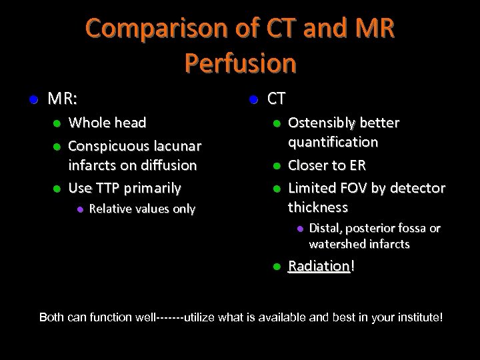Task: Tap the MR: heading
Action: (63, 99)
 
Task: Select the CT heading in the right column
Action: (277, 99)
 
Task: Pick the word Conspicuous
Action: (107, 145)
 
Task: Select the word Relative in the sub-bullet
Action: (109, 209)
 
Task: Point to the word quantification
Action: (333, 142)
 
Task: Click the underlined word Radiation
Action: (319, 266)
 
